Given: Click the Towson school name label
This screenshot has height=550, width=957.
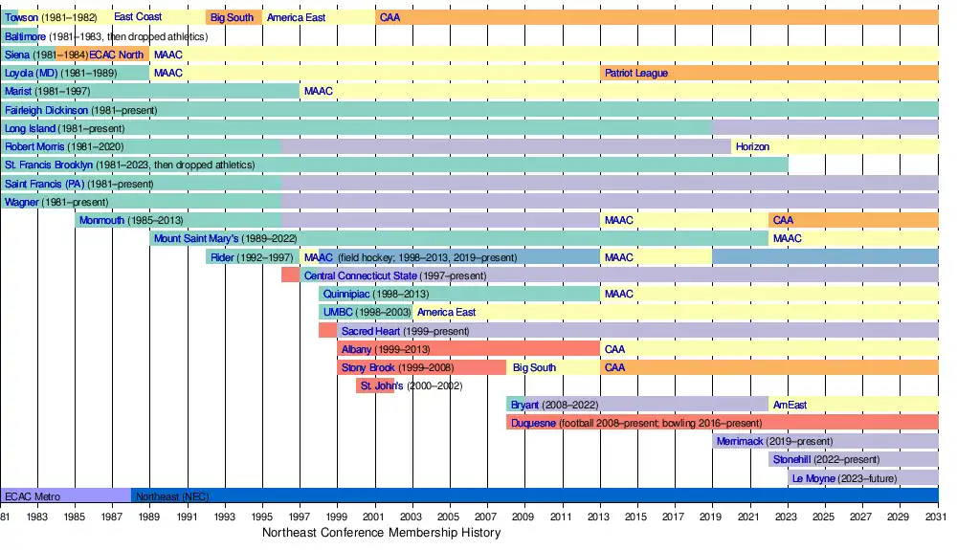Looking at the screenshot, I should pyautogui.click(x=22, y=17).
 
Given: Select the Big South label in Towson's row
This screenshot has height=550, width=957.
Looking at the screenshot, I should pyautogui.click(x=233, y=17).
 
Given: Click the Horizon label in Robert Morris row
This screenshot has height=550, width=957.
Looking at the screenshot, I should pyautogui.click(x=752, y=146).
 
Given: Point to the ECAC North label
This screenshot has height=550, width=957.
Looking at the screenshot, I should pyautogui.click(x=117, y=55).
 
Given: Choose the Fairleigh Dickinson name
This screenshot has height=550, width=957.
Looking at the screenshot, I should pyautogui.click(x=46, y=110).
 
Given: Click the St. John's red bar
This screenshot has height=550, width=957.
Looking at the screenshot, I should pyautogui.click(x=374, y=385).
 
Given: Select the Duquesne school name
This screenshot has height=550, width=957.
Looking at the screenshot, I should pyautogui.click(x=533, y=423).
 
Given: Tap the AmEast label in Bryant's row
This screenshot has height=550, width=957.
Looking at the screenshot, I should pyautogui.click(x=790, y=405).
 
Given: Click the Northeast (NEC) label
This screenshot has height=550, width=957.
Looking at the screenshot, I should pyautogui.click(x=172, y=496).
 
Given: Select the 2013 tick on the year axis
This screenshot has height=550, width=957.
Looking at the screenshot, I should pyautogui.click(x=600, y=517).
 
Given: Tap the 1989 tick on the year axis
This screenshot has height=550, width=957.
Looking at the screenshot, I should pyautogui.click(x=149, y=517).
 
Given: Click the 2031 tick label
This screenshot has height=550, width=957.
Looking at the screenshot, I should pyautogui.click(x=937, y=517).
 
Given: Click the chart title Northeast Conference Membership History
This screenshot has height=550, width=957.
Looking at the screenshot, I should pyautogui.click(x=382, y=533).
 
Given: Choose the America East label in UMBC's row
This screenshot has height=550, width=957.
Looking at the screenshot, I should pyautogui.click(x=447, y=312).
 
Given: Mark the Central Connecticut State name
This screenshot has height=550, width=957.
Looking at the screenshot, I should pyautogui.click(x=360, y=275).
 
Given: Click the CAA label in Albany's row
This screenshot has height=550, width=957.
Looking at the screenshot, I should pyautogui.click(x=614, y=349).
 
